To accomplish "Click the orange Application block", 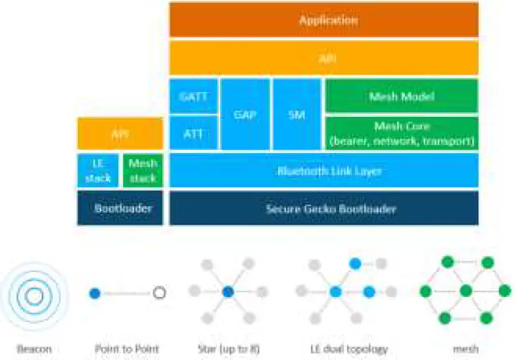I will (x=323, y=20).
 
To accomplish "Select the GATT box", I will (x=193, y=96).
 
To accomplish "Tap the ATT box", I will (x=193, y=133).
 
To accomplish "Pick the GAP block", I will (x=245, y=114).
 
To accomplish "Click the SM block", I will (x=296, y=114).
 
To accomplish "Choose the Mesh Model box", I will (x=402, y=96).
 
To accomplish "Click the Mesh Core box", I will (x=402, y=133).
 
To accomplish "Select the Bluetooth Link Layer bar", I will (x=323, y=171).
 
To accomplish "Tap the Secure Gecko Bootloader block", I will (x=323, y=208).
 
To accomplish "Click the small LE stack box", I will (x=98, y=171).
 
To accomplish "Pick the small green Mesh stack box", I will (x=143, y=171).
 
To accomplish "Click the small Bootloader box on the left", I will (x=120, y=208).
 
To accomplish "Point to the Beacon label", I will (x=35, y=348).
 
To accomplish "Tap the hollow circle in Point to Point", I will (x=158, y=293).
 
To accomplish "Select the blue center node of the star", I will (x=227, y=292).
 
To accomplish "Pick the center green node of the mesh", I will (x=465, y=290).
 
